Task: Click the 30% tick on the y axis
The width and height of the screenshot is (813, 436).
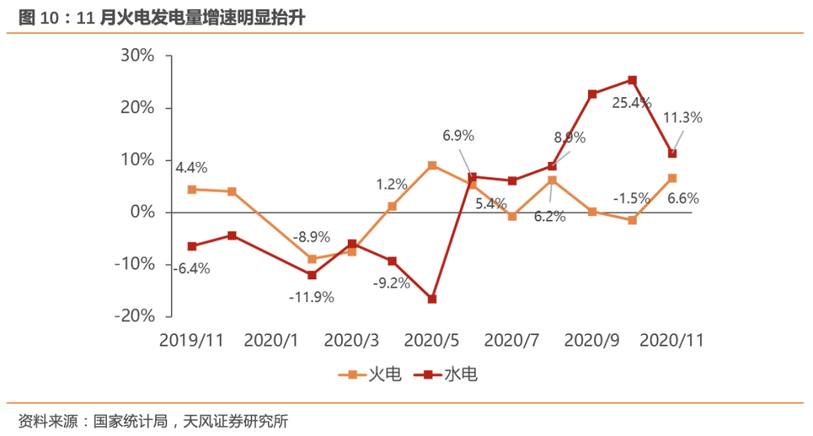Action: tap(137, 56)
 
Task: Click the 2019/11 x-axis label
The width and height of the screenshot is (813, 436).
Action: tap(191, 340)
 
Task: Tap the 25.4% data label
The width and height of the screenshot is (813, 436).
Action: tap(631, 103)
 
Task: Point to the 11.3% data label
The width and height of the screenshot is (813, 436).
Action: tap(682, 117)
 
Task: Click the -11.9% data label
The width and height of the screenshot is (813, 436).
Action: tap(311, 297)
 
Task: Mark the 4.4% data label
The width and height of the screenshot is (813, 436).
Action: tap(192, 167)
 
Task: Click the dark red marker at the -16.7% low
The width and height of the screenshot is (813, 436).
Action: tap(432, 299)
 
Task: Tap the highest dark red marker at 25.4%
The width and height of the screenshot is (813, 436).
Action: tap(632, 80)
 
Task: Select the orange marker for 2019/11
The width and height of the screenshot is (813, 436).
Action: tap(192, 190)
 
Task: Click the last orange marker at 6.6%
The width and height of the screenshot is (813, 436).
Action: tap(672, 178)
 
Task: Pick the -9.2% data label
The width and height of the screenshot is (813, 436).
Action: tap(391, 283)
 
